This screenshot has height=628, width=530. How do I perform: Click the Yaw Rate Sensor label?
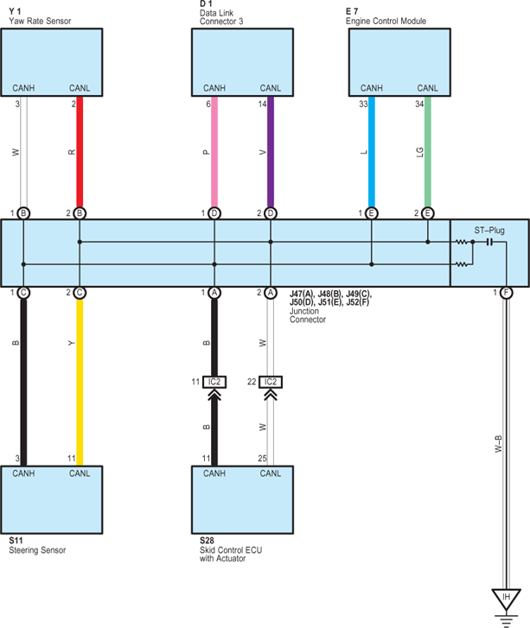coord(40,21)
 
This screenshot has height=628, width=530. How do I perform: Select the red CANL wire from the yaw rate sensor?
coord(80,152)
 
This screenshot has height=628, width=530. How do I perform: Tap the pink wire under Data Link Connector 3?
coord(214,152)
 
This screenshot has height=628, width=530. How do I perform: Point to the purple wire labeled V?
coord(271,152)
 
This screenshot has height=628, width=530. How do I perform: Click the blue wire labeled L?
coord(372,152)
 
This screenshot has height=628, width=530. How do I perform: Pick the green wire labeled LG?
coord(428,152)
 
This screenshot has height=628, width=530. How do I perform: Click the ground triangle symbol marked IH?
coord(507,599)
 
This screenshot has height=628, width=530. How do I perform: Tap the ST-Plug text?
coord(489,231)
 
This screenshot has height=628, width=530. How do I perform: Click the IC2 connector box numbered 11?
coord(214,382)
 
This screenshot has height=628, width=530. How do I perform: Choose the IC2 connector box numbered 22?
coord(271,382)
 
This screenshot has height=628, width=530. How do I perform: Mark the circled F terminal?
coord(507,293)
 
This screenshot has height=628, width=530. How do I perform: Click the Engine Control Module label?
coord(386,21)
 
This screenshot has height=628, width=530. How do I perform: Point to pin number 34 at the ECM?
coord(419,105)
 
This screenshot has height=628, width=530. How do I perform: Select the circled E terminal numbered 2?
coord(428,213)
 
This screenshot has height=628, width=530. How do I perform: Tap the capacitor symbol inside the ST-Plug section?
coord(489,242)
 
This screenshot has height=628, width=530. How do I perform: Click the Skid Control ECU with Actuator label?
coord(231,554)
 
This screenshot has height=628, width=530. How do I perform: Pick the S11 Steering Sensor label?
coord(37,545)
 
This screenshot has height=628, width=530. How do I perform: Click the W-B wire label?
coord(498,444)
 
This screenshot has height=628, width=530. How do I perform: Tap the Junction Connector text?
coord(308,315)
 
